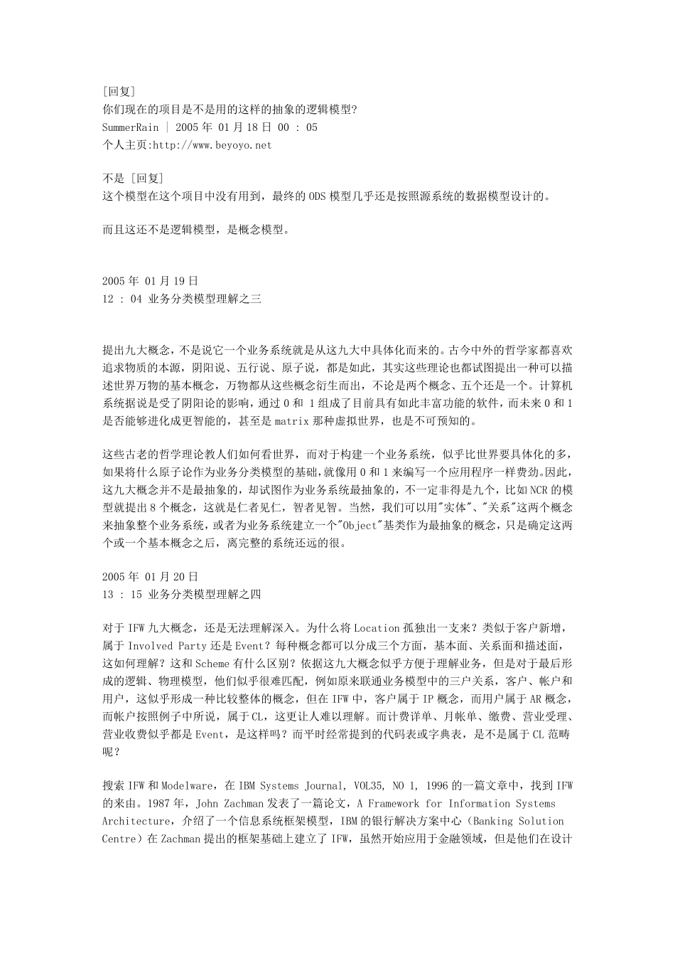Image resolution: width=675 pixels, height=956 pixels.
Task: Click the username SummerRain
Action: tap(130, 127)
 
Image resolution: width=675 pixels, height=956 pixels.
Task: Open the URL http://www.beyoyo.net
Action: tap(212, 145)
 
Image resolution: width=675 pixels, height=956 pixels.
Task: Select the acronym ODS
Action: tap(317, 196)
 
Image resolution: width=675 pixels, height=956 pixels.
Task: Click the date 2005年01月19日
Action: tap(150, 282)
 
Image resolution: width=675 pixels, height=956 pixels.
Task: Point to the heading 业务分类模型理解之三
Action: tap(205, 299)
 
